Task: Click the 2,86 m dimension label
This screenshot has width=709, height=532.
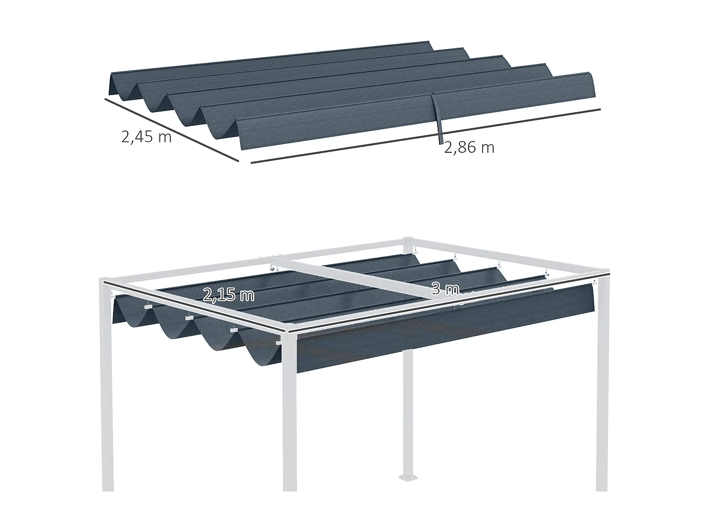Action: tap(469, 148)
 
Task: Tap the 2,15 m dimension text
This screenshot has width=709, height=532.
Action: tap(229, 295)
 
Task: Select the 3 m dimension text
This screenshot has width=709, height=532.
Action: tap(445, 289)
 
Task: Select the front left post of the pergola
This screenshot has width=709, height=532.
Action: tap(107, 402)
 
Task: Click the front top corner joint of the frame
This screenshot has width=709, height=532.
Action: tap(289, 331)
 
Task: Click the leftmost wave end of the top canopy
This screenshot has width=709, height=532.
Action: tap(122, 87)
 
